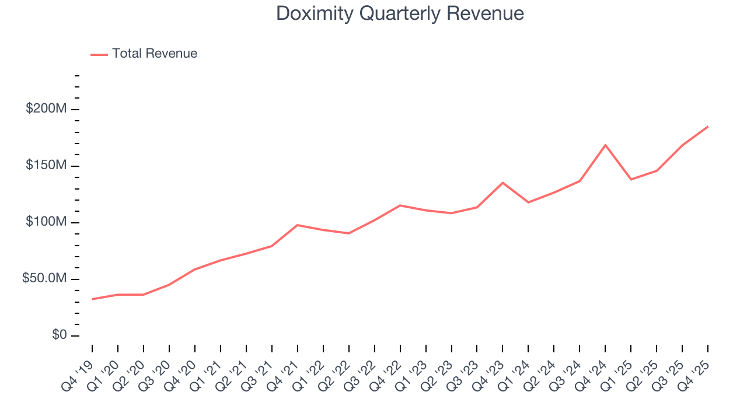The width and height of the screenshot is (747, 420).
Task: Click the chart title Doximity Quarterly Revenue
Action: (400, 13)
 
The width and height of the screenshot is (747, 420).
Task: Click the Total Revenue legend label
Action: (155, 54)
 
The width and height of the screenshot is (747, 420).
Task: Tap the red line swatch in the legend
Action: (99, 54)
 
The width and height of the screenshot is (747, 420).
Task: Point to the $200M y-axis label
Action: (46, 109)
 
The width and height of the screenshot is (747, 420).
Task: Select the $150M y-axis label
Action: (46, 166)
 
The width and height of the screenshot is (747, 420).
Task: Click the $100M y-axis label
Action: (46, 222)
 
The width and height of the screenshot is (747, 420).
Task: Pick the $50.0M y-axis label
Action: (44, 279)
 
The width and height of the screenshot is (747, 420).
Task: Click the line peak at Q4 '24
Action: (605, 145)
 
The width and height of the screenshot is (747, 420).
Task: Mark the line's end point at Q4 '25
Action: (707, 127)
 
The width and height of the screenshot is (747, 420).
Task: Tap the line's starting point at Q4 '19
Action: (92, 299)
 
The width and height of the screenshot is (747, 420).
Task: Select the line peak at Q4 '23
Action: (502, 183)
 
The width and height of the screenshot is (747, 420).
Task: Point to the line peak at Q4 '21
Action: (298, 225)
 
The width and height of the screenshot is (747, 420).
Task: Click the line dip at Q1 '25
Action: (631, 179)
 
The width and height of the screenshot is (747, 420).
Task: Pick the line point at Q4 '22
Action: (400, 205)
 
